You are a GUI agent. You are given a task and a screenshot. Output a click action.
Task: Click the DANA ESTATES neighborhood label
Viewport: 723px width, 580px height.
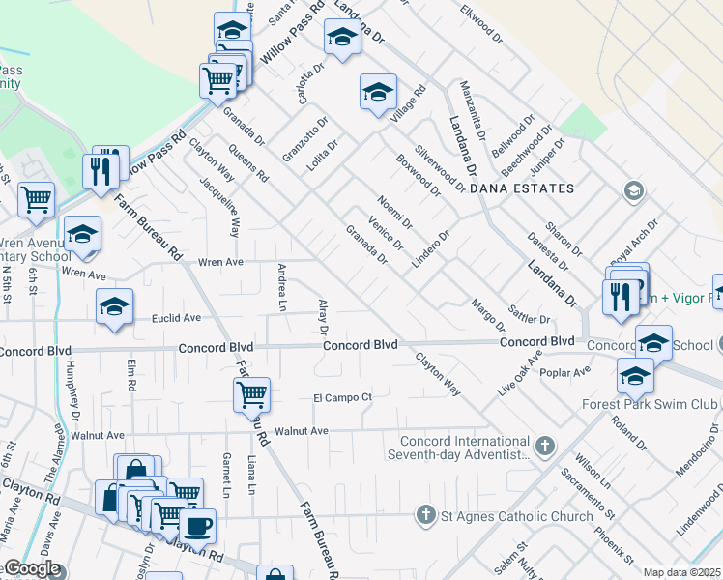point(522,188)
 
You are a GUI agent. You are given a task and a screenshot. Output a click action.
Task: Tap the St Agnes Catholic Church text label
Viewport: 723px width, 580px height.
point(517,516)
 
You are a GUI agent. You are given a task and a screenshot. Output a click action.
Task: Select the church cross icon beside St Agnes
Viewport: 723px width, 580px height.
point(424,515)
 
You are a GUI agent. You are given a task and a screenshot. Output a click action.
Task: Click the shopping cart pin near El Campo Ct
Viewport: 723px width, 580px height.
point(251,393)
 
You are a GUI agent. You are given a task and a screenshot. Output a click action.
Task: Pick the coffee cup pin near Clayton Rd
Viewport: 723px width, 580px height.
point(198,526)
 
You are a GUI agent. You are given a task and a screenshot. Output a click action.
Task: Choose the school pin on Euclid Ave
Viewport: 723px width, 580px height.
point(114,307)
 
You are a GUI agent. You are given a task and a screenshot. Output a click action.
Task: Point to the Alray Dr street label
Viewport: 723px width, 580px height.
point(323,317)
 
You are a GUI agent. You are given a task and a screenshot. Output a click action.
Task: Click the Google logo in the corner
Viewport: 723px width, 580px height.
point(32,568)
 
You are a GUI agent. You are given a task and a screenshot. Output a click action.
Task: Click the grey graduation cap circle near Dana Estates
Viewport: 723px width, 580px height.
point(633,189)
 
